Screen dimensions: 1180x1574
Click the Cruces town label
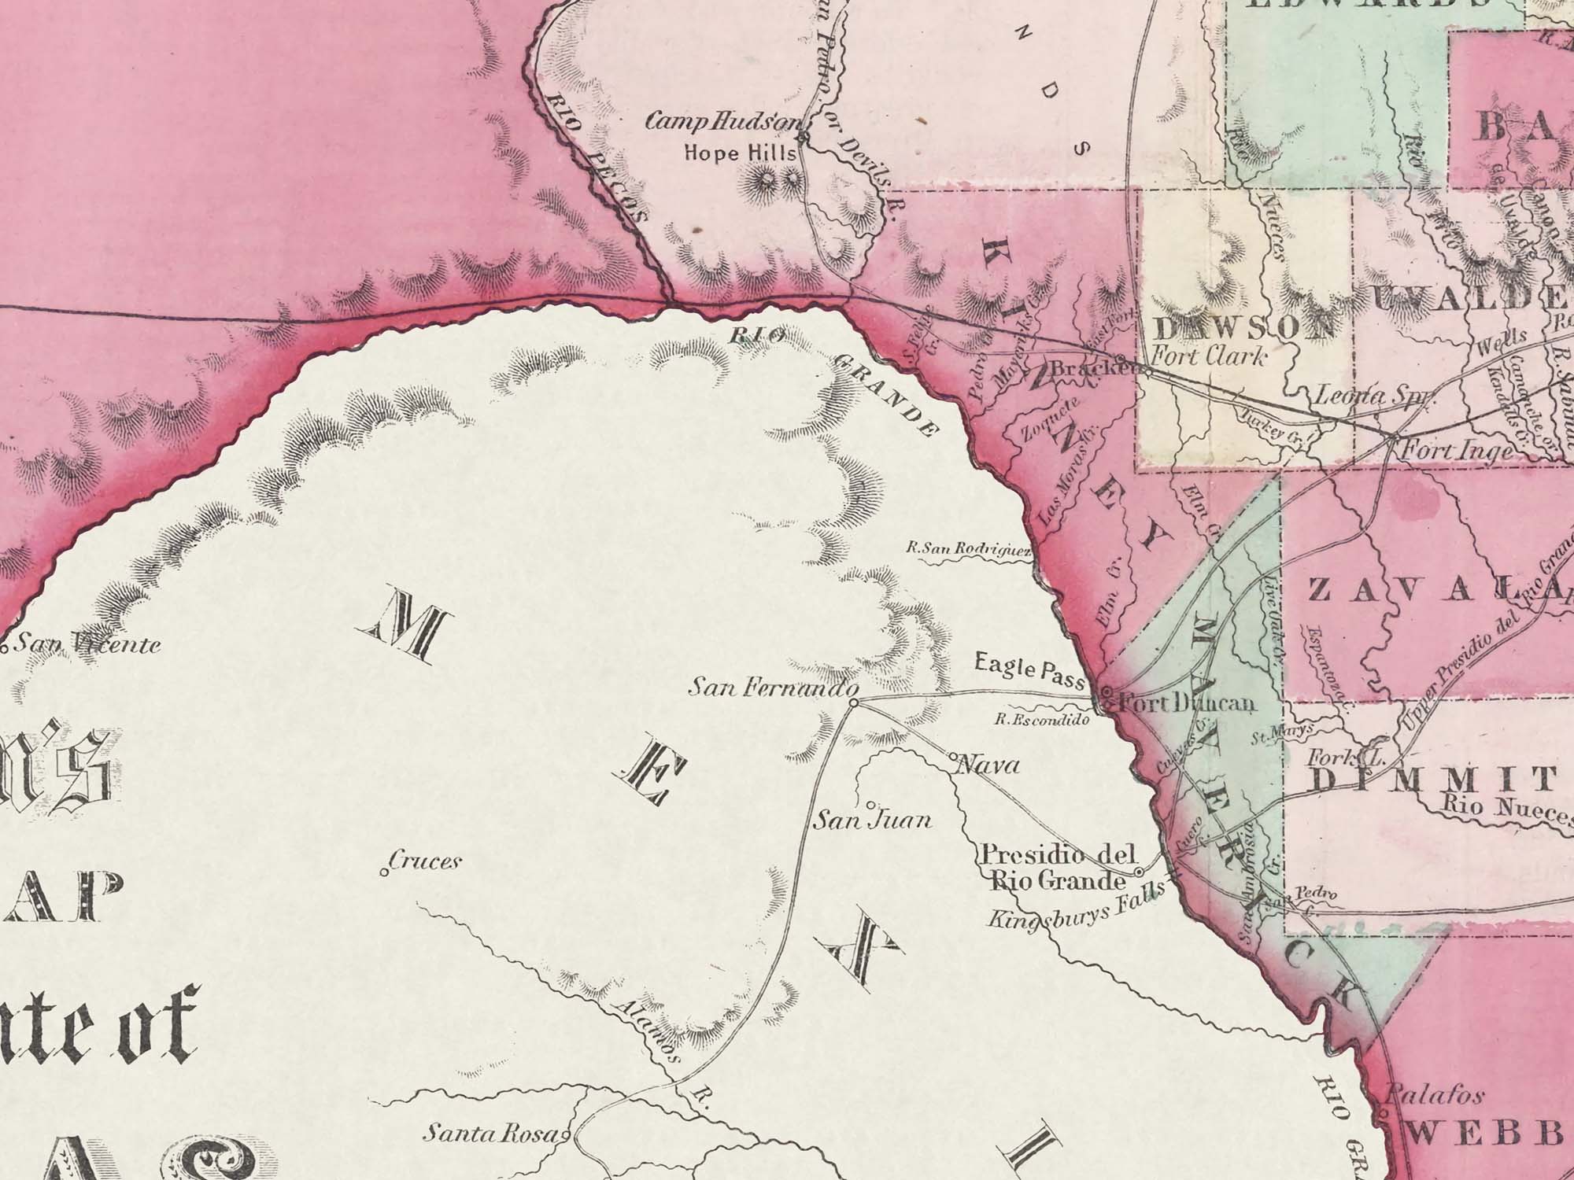click(x=424, y=861)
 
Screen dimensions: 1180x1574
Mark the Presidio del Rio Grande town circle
click(x=1139, y=872)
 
